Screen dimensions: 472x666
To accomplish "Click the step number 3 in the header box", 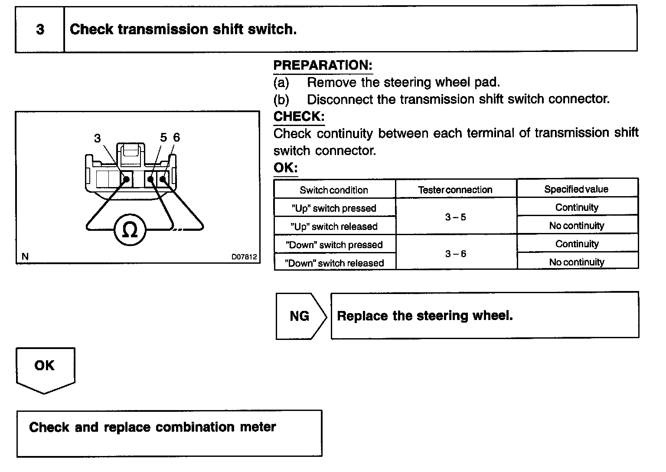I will click(40, 29).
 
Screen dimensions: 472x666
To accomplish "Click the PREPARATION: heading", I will click(323, 65).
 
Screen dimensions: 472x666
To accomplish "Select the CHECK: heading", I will click(299, 116).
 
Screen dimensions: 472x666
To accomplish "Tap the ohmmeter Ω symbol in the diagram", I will click(130, 230).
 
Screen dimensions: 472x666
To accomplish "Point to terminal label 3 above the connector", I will click(98, 138).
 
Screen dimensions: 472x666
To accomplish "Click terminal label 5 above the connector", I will click(163, 138).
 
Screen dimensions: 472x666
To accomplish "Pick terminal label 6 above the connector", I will click(176, 138).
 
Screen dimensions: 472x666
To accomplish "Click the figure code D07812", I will click(244, 257).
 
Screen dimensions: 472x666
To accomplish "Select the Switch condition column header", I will click(334, 190).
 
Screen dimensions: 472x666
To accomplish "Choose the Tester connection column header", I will click(455, 190).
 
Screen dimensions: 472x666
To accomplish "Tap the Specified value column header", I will click(576, 189).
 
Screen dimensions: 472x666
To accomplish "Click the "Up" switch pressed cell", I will click(334, 208).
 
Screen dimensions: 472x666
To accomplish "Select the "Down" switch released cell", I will click(334, 263).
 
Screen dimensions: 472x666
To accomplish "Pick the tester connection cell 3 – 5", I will click(455, 217).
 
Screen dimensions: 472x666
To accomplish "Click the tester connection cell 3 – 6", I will click(455, 254).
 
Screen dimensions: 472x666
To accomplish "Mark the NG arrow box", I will click(300, 316).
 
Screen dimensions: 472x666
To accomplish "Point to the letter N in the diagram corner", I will click(25, 256).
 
